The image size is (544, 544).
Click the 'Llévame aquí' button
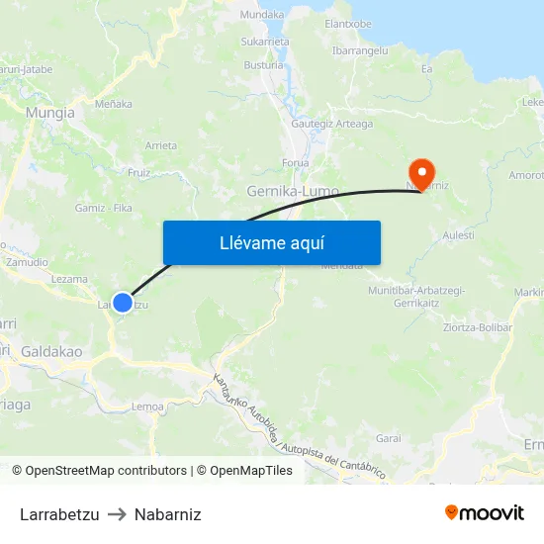271,243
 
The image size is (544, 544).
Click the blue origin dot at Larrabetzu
122,303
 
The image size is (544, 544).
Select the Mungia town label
50,113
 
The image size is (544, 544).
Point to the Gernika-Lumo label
293,190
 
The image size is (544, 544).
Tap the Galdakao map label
50,351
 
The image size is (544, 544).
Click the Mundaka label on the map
262,15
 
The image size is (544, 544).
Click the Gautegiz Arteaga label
332,124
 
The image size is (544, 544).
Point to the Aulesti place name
459,234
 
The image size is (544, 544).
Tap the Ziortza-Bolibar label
478,327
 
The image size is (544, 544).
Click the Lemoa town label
147,407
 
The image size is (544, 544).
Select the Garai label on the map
388,437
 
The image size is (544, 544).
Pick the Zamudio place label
28,262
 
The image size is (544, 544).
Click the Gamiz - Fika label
104,208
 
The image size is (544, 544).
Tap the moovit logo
485,513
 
